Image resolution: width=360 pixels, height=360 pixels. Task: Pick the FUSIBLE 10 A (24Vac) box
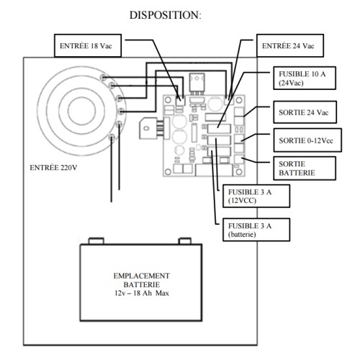pos(302,78)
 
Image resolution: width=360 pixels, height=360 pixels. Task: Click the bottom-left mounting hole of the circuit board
pos(168,174)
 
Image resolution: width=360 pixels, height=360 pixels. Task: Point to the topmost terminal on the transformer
pos(106,77)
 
